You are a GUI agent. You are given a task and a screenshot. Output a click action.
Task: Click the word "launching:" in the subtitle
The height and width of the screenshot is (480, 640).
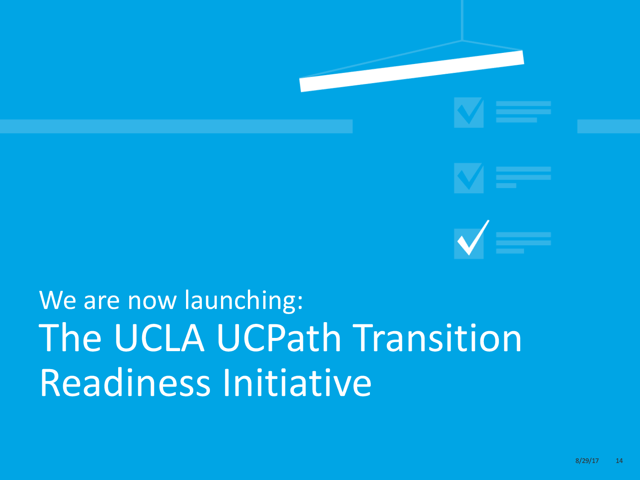tap(244, 301)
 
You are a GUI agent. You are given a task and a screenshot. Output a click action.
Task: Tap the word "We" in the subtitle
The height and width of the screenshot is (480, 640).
tap(58, 300)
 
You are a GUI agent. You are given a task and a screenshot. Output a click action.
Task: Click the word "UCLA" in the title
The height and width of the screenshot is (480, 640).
tap(159, 338)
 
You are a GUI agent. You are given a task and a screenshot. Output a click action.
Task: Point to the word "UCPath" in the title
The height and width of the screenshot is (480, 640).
tap(279, 337)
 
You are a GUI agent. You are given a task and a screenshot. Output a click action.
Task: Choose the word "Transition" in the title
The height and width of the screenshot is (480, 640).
tap(437, 337)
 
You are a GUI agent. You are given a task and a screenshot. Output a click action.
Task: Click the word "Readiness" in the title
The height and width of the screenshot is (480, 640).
tap(125, 382)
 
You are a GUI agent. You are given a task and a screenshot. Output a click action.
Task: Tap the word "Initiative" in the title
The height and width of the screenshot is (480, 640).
tap(297, 382)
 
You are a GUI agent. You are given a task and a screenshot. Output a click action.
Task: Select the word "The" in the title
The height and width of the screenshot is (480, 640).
tap(70, 337)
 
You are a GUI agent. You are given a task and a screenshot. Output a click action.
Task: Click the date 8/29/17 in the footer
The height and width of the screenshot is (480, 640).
tap(587, 461)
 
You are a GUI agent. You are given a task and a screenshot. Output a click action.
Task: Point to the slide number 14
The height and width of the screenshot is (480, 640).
tap(619, 461)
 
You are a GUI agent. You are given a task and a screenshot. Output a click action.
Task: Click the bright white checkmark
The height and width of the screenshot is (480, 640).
tap(473, 238)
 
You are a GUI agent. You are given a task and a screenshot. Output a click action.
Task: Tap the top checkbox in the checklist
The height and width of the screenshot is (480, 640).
tap(468, 113)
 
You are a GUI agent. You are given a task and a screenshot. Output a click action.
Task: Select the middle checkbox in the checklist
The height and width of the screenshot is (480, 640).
tap(468, 178)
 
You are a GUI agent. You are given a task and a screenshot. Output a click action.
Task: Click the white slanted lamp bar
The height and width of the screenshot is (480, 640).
tap(412, 71)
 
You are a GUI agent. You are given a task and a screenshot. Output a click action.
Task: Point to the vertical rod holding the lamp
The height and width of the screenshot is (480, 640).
tap(462, 20)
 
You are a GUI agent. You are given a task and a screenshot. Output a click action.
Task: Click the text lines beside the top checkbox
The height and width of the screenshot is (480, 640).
tap(524, 112)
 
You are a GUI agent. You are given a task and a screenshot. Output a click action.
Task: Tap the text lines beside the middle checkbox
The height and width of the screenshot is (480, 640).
tap(524, 177)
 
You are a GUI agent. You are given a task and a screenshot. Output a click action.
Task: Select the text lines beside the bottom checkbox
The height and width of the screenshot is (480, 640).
tap(524, 243)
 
